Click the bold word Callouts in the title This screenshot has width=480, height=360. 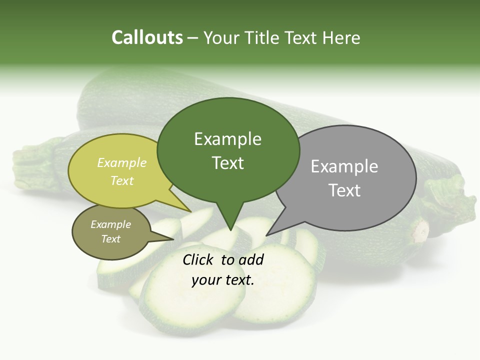click(x=147, y=37)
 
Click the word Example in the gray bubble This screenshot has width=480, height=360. click(x=344, y=166)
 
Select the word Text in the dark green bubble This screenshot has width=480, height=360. click(x=228, y=163)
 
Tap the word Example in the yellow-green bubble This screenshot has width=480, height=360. click(x=122, y=162)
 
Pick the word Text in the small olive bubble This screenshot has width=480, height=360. click(x=111, y=239)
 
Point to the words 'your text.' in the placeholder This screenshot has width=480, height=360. click(x=223, y=280)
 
